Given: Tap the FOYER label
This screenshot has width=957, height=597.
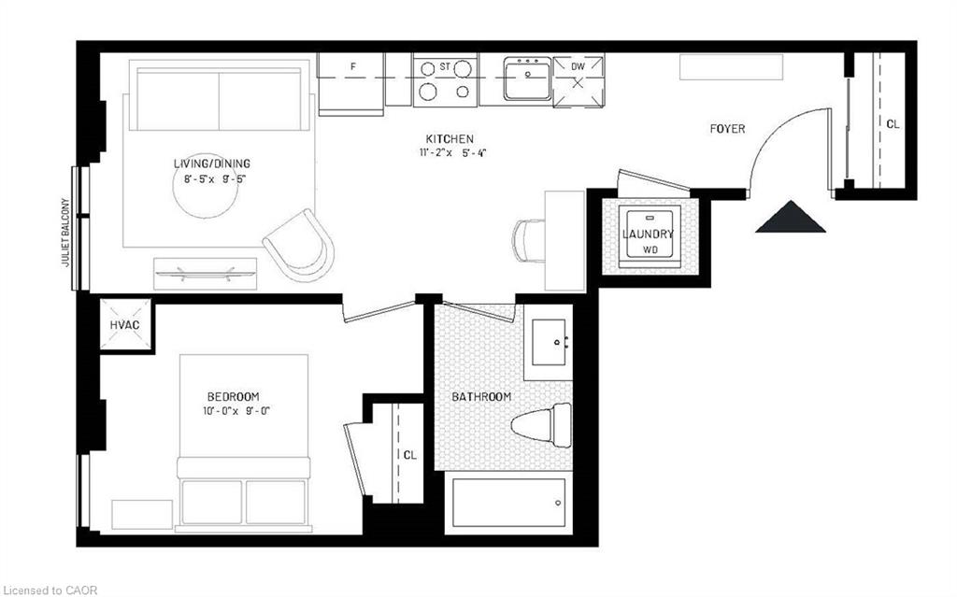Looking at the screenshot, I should pos(727,129).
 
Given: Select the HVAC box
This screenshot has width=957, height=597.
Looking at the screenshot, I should pos(124,323).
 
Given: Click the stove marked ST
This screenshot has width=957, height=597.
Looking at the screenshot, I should pos(445,79).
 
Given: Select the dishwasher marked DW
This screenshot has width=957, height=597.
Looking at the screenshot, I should pos(578,78).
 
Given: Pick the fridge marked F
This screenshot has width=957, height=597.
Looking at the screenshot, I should pos(352,79).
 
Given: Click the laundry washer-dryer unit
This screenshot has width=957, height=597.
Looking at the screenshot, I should pos(649,235).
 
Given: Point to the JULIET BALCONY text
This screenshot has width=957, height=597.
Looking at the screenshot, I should pos(66,233).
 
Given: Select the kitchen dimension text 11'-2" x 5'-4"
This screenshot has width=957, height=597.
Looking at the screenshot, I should pos(452,152).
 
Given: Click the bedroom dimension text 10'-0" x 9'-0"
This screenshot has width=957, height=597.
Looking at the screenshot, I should pos(233,410).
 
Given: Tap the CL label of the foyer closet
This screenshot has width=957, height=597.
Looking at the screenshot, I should pos(893,123).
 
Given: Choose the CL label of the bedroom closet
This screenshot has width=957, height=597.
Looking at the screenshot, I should pos(410,455).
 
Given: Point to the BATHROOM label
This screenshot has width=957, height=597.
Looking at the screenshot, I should pos(481,397).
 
